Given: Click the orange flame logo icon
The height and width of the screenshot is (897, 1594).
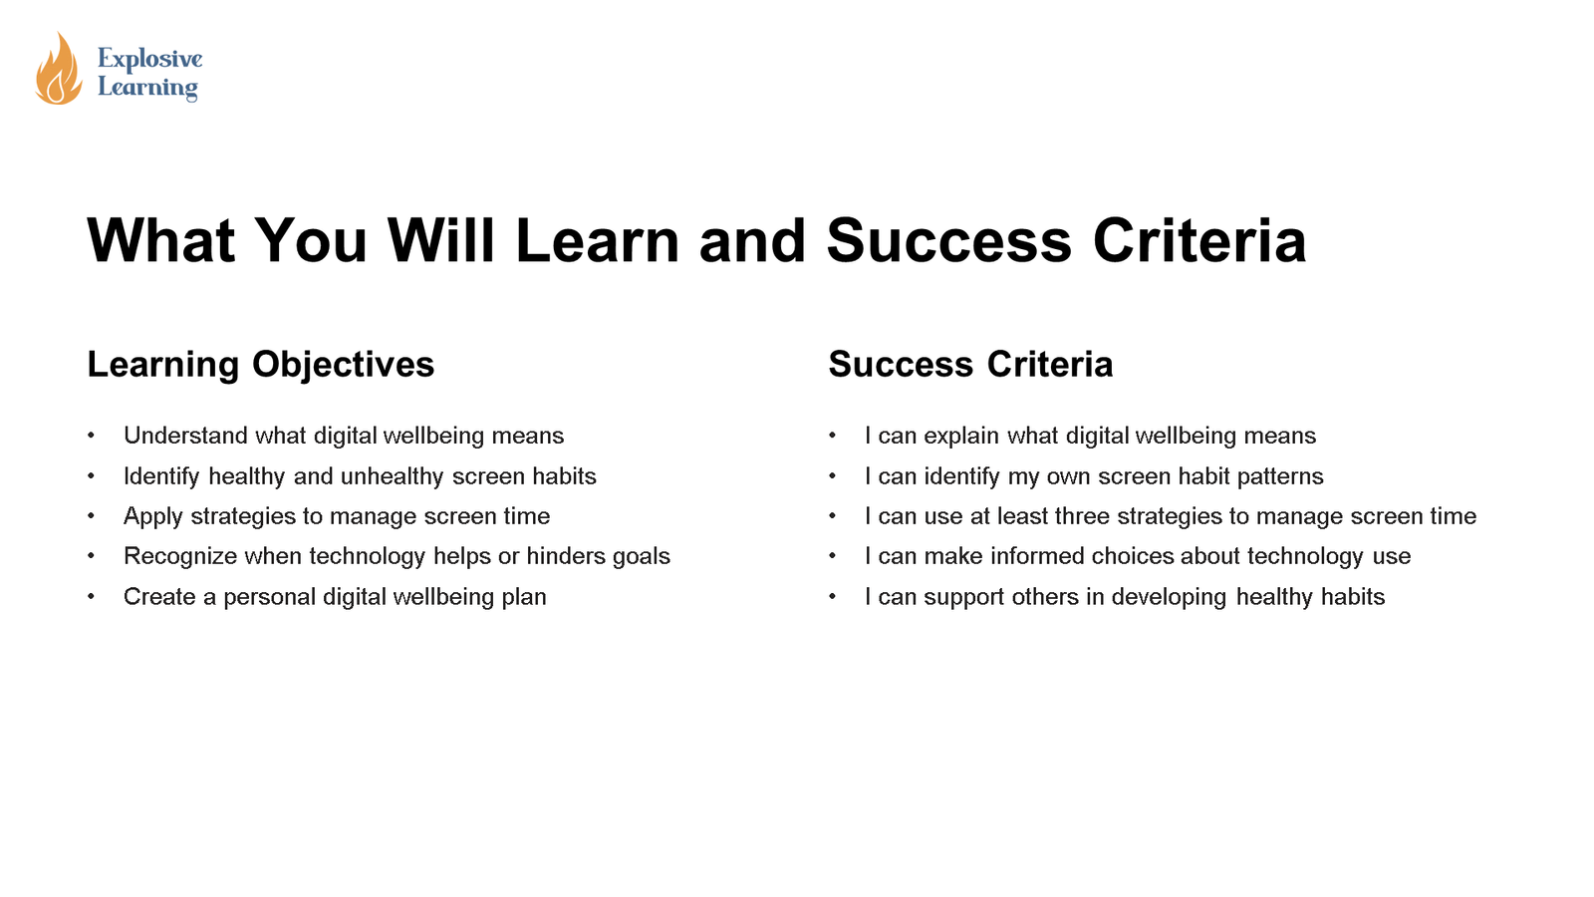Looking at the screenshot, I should coord(58,70).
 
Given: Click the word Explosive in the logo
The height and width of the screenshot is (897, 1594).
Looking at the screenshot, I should coord(149,59).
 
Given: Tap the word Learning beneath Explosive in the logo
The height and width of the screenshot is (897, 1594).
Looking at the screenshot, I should coord(147,88).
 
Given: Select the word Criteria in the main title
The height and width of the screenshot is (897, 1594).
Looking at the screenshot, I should coord(1199,241).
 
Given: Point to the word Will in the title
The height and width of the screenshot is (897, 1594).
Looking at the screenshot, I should coord(440,241).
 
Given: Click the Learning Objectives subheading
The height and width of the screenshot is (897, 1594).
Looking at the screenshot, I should coord(261,365).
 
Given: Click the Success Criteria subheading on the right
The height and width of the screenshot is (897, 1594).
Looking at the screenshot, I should coord(970,365).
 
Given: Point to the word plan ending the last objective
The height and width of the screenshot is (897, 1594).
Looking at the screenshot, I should coord(524,597).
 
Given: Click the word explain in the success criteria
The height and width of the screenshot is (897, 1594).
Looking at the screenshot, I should coord(961,436).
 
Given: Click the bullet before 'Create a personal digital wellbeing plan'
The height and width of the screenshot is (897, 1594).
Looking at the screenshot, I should coord(91,597).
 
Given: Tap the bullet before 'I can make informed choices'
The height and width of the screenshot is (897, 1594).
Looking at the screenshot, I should coord(832,556).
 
